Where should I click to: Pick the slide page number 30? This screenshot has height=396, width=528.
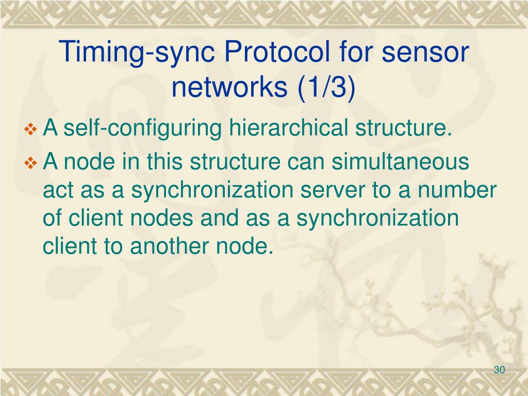499,370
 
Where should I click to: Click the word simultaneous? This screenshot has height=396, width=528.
400,162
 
